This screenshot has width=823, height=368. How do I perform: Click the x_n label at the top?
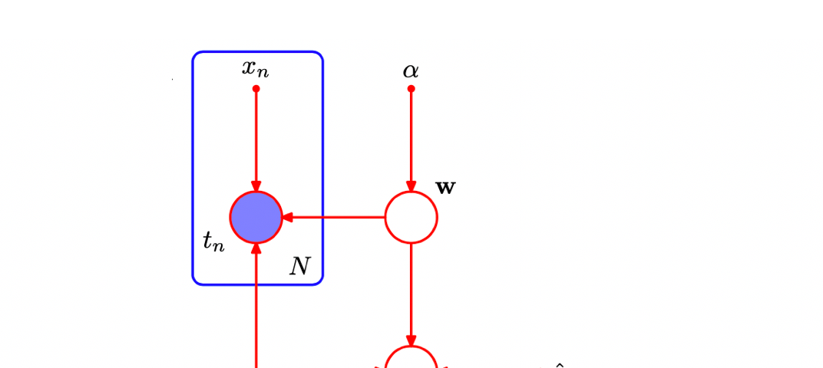(255, 69)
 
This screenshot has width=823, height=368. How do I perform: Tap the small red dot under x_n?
(256, 89)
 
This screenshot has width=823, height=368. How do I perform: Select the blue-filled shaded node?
(256, 217)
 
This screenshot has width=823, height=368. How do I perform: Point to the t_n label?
(214, 242)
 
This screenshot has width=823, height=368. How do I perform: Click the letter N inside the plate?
(299, 267)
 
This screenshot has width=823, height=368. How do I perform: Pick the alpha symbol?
(411, 71)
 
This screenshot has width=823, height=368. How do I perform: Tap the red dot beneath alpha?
(411, 89)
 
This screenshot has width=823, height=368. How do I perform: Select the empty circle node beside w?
(411, 217)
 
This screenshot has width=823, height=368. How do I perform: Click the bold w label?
(445, 188)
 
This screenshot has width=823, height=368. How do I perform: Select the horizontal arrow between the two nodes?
(334, 217)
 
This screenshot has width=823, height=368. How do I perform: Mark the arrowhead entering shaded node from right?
(287, 217)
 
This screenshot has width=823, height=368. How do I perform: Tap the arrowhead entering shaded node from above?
(256, 186)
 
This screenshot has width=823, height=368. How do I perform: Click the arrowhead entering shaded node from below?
(256, 249)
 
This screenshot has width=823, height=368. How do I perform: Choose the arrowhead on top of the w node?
(411, 186)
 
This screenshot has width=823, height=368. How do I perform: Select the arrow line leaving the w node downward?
(411, 294)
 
